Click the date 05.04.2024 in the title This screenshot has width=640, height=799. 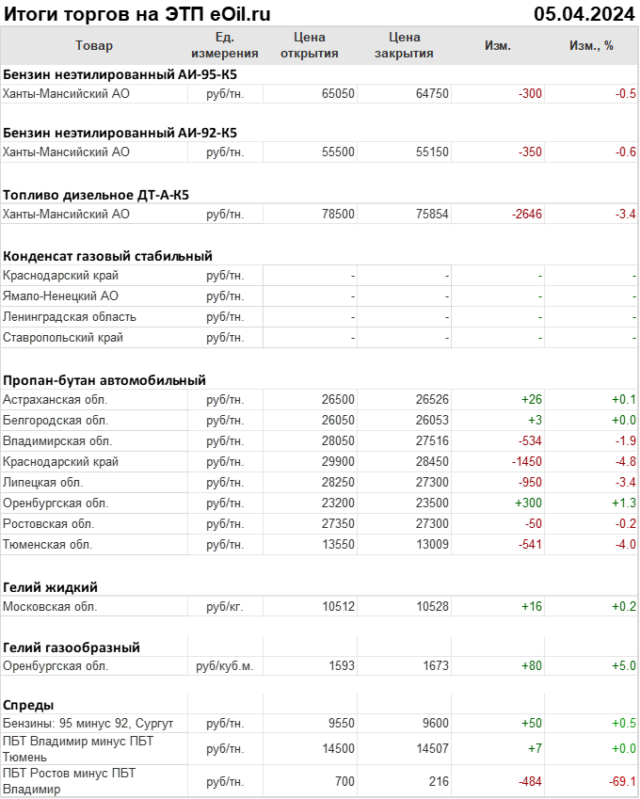(x=584, y=13)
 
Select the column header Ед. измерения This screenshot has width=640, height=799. (x=224, y=45)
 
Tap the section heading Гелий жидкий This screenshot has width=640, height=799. (x=51, y=587)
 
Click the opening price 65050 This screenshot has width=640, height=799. (x=338, y=93)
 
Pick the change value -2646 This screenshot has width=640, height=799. (x=527, y=215)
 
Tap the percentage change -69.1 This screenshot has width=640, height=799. (x=621, y=781)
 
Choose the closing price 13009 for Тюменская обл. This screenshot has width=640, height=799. (x=432, y=544)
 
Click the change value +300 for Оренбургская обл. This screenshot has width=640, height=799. (x=528, y=503)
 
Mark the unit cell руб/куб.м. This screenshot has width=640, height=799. (x=225, y=666)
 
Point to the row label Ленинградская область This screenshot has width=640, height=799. (x=70, y=317)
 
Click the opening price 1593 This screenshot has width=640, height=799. (x=341, y=666)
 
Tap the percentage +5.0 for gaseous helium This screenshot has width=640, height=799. (x=624, y=666)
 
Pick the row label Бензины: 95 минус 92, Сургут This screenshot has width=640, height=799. (x=88, y=723)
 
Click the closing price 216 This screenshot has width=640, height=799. (x=439, y=781)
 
